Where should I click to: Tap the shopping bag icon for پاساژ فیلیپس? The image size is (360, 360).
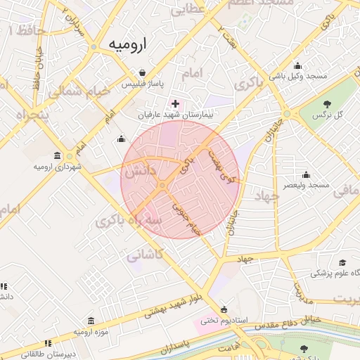(143, 73)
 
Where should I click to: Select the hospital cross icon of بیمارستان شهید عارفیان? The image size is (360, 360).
(175, 104)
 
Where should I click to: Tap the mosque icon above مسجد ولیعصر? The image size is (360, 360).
(306, 175)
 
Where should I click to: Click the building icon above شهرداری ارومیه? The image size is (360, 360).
(57, 156)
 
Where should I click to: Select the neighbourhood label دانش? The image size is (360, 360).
(141, 171)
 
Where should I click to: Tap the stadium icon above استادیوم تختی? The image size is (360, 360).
(224, 309)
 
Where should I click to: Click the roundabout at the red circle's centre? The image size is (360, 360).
(162, 185)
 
